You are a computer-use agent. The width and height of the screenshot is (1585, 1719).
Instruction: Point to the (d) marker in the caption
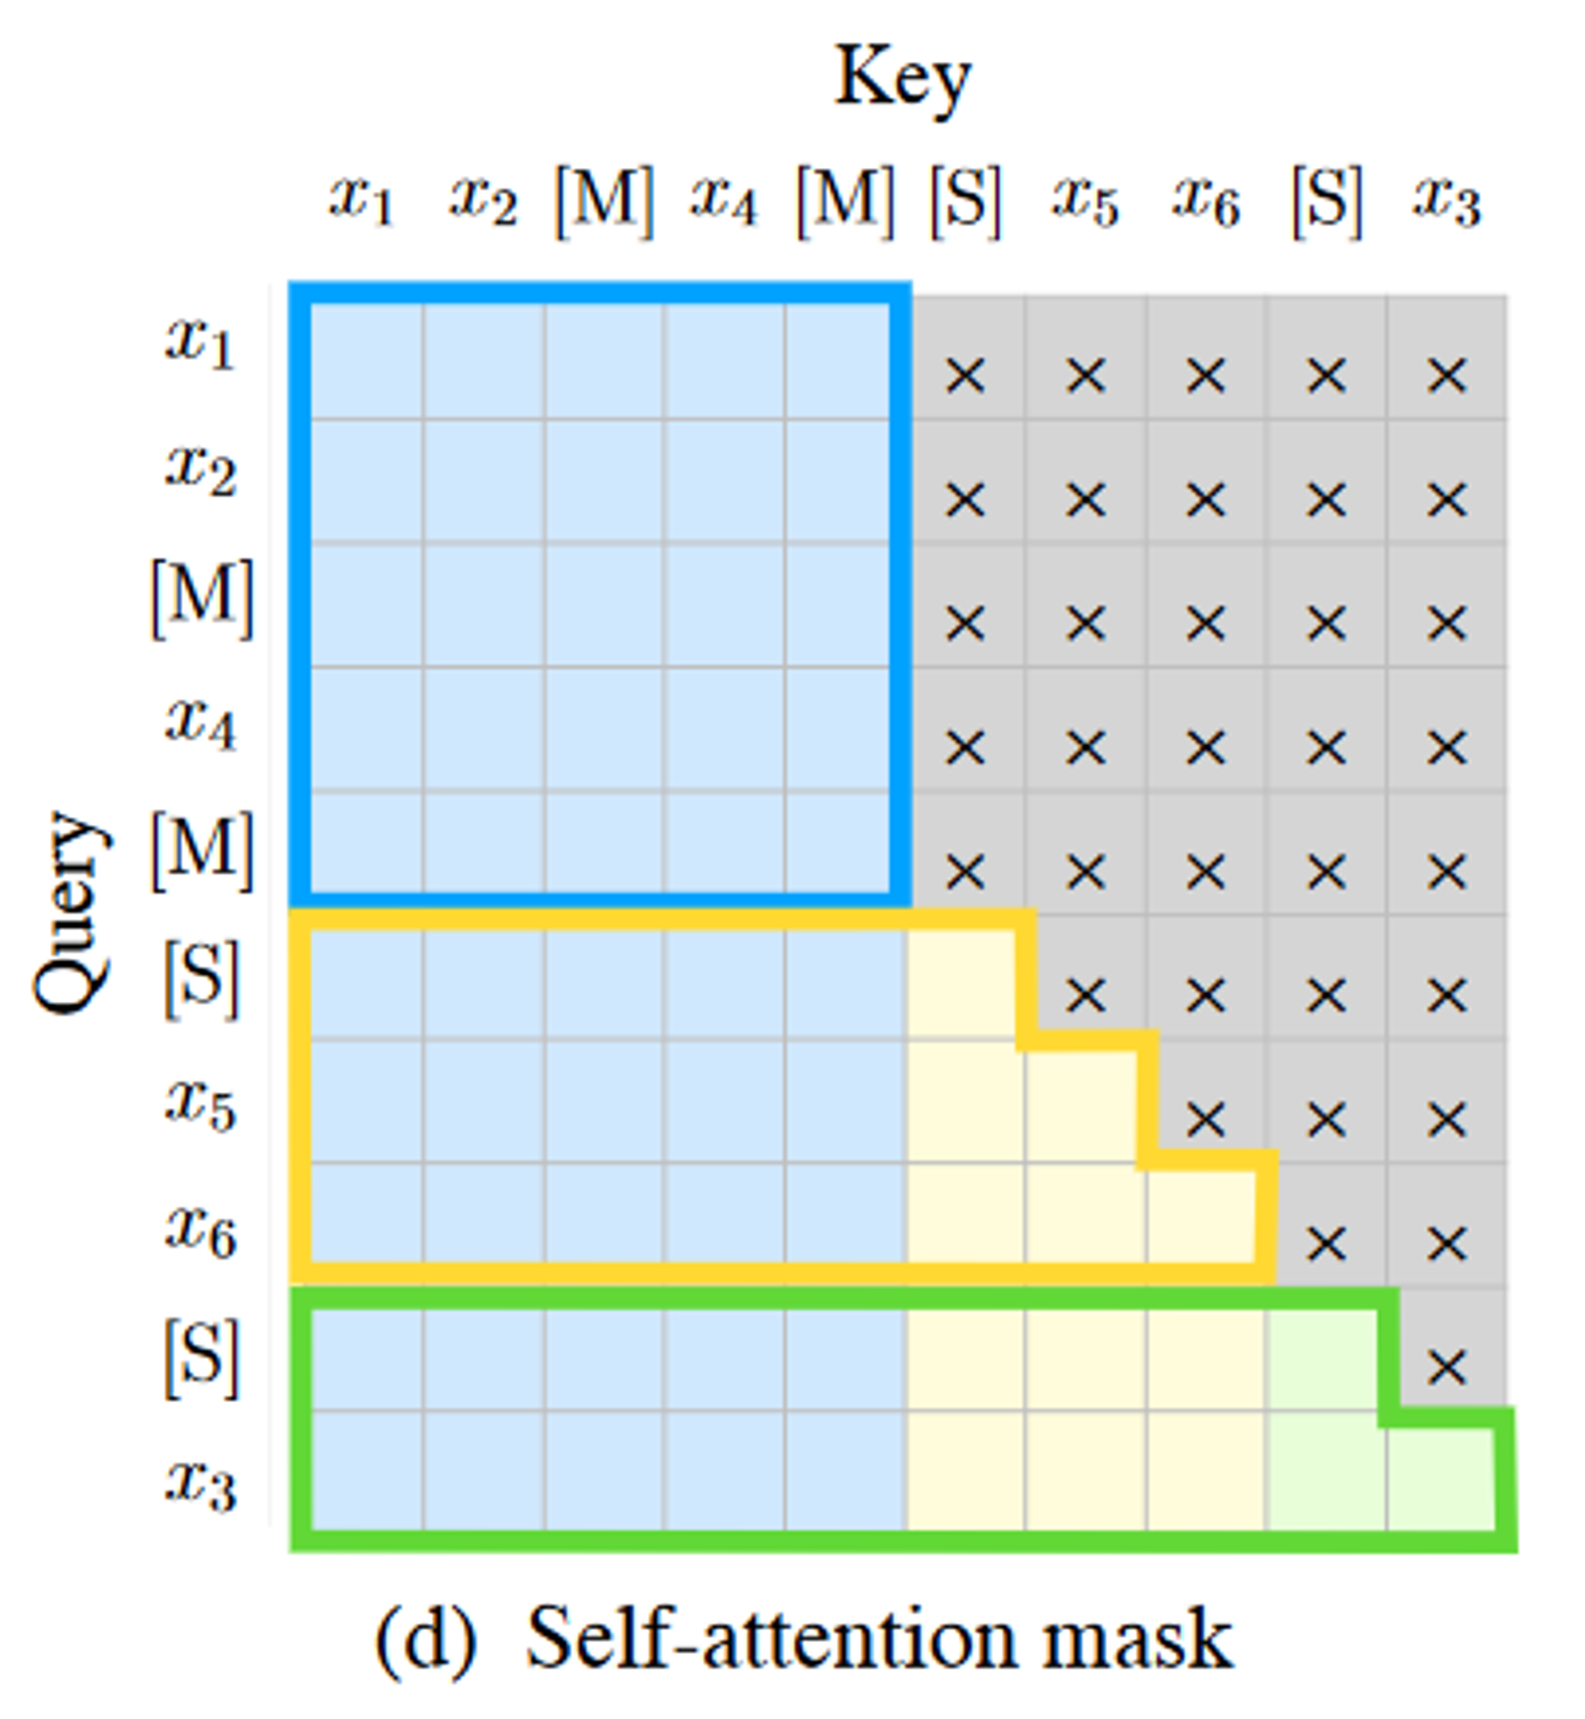pos(426,1640)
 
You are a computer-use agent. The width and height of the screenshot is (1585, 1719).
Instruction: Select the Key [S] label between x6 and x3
pos(1326,202)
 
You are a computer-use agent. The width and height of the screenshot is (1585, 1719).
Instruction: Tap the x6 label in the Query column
pos(201,1233)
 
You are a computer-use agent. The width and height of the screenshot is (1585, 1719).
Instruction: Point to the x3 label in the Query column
pos(201,1484)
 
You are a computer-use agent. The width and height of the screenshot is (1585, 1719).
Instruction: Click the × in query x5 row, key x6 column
pos(1206,1119)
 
